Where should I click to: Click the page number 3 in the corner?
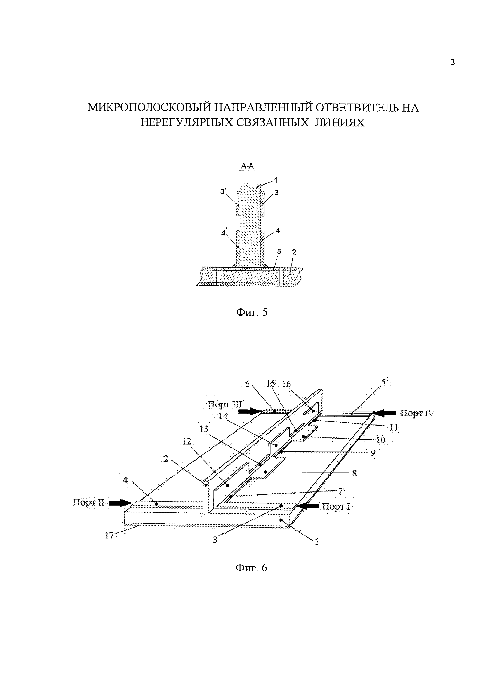452,62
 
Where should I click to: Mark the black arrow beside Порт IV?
386,413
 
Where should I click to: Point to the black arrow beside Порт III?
250,412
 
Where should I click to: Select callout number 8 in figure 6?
355,473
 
